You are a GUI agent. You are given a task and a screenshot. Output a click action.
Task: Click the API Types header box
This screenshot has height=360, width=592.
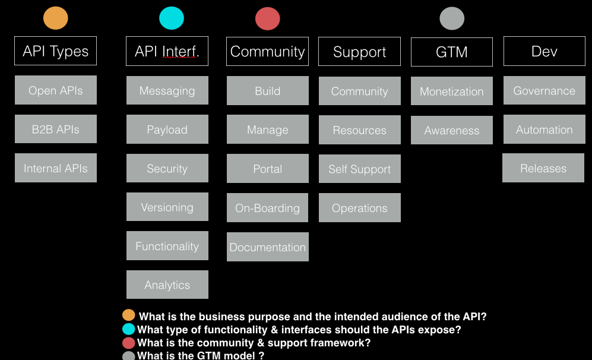[x=55, y=51]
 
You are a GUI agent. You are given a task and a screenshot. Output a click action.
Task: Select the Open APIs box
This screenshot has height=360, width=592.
[x=55, y=90]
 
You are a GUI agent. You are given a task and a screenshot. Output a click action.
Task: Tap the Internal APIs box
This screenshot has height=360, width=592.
[x=55, y=168]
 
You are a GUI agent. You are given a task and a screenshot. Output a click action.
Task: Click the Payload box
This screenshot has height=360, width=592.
[x=167, y=130]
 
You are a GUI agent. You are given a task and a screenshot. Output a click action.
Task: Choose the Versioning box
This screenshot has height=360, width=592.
[x=167, y=207]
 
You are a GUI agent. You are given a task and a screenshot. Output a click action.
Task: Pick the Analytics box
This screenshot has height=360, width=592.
[x=167, y=285]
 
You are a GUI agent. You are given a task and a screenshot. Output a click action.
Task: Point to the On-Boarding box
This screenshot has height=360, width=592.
[x=267, y=208]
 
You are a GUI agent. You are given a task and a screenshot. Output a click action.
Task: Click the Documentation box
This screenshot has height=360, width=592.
[x=268, y=247]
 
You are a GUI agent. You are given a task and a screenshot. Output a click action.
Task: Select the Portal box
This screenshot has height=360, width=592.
[x=268, y=169]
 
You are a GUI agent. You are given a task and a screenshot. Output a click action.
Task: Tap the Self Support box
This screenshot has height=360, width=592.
[x=359, y=169]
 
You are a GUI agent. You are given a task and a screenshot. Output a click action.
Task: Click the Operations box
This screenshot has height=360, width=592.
[x=359, y=208]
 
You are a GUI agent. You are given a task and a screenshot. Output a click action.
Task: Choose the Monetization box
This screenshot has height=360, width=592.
[x=451, y=91]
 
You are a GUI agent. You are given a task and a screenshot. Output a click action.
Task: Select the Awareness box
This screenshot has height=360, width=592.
[x=451, y=130]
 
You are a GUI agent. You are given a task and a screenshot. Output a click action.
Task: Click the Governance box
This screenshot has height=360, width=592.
[x=544, y=91]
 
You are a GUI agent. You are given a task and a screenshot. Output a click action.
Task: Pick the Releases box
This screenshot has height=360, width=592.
[x=543, y=168]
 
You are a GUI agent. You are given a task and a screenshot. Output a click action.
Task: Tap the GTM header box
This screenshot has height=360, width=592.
[x=451, y=52]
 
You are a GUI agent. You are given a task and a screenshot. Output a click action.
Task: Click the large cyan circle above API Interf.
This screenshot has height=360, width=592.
[x=172, y=18]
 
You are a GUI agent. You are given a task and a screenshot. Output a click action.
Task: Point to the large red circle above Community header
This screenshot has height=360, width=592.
[x=268, y=18]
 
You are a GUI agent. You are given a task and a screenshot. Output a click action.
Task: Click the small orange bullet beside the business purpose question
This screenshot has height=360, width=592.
[x=129, y=315]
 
